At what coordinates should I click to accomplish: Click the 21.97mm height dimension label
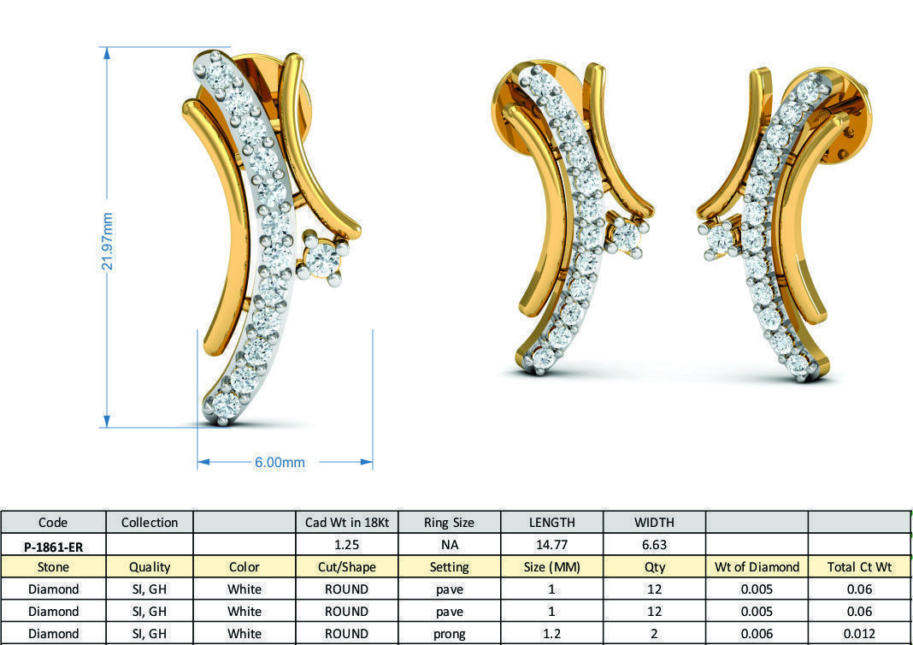(108, 241)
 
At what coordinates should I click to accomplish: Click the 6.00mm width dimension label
(280, 462)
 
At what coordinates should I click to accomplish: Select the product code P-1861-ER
(53, 545)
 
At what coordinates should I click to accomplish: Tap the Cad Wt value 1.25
(347, 544)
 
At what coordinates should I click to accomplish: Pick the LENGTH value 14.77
(551, 544)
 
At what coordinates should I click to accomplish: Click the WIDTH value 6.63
(654, 544)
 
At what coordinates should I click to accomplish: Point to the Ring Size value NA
(449, 544)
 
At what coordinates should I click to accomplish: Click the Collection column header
(150, 522)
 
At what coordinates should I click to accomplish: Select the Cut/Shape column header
(347, 566)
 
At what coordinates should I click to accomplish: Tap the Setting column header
(449, 566)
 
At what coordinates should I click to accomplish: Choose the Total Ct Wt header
(859, 566)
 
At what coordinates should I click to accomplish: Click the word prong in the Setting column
(449, 633)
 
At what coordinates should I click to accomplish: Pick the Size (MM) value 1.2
(551, 633)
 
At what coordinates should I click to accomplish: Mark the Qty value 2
(654, 633)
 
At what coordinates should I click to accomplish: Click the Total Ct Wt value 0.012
(859, 633)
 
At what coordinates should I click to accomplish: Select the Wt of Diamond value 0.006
(757, 633)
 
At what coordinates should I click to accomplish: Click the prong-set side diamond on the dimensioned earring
(322, 257)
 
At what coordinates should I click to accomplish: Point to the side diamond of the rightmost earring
(718, 240)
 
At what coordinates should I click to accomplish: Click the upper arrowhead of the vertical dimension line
(107, 52)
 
